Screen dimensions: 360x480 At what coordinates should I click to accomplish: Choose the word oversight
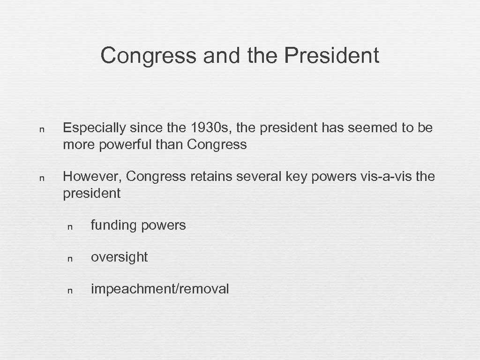pyautogui.click(x=119, y=257)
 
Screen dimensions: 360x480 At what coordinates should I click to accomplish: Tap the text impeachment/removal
pyautogui.click(x=160, y=289)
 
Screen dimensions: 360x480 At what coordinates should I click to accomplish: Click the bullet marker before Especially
pyautogui.click(x=42, y=129)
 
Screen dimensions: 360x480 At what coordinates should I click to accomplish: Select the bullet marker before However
pyautogui.click(x=42, y=178)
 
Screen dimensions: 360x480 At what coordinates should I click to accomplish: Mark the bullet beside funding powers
pyautogui.click(x=69, y=226)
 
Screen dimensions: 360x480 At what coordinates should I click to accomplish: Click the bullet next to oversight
pyautogui.click(x=69, y=258)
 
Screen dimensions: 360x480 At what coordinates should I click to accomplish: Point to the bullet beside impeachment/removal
pyautogui.click(x=69, y=290)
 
